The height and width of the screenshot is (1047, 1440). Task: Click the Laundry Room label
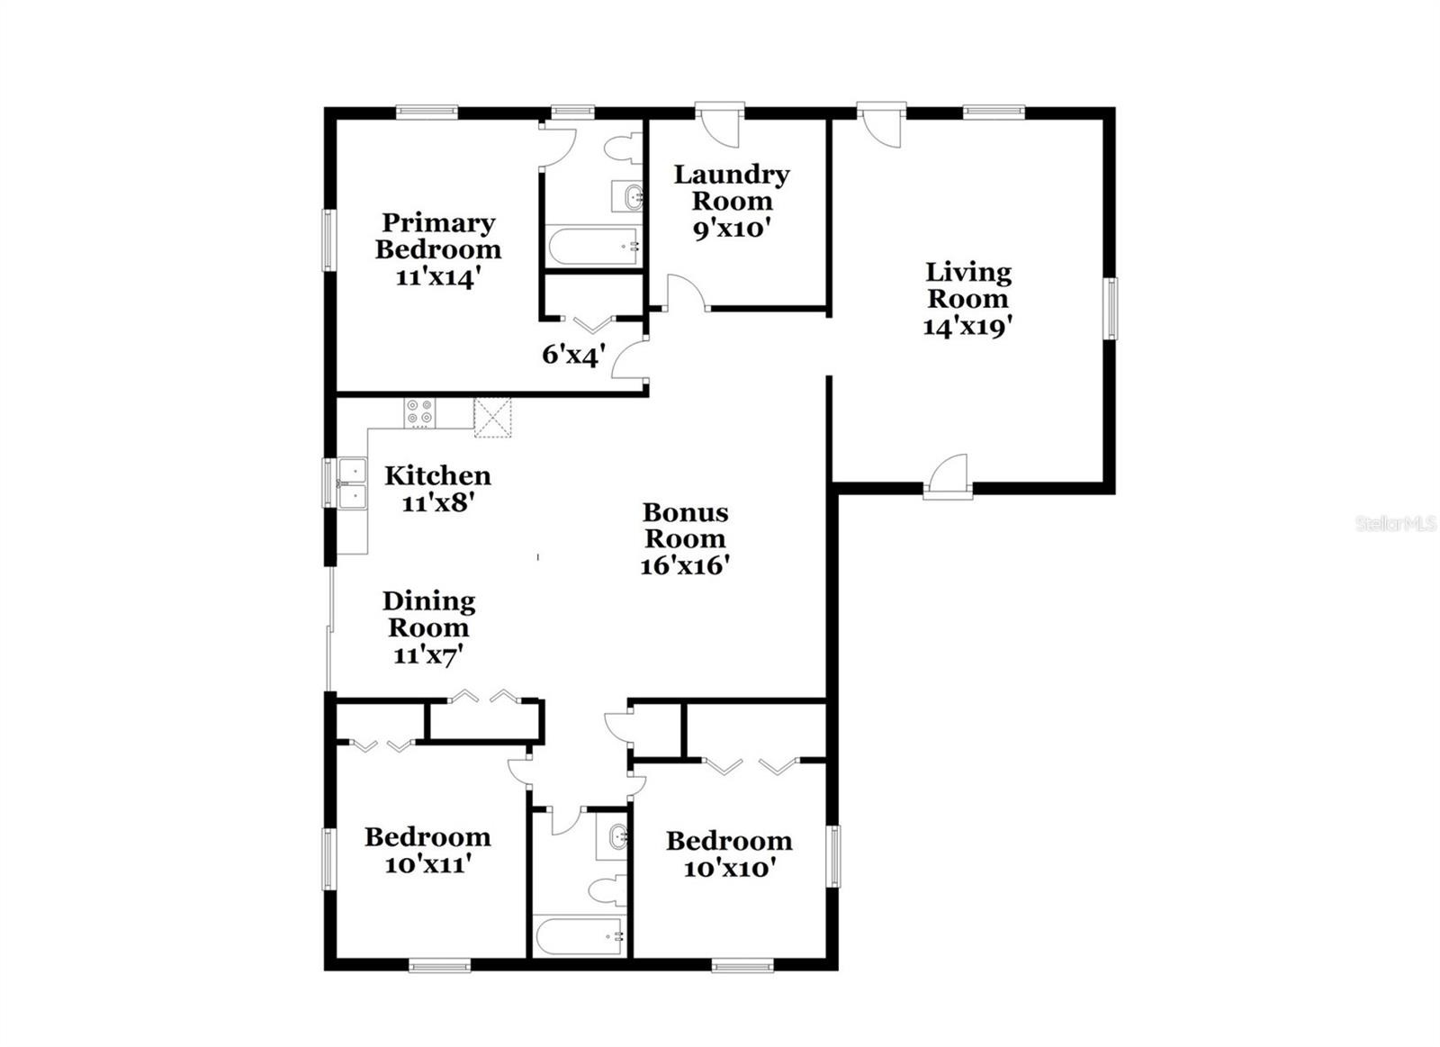pos(732,187)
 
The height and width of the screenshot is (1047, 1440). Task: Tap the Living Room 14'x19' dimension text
pos(968,328)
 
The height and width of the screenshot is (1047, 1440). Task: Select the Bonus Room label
pos(685,525)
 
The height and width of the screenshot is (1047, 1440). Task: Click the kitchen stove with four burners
pos(419,413)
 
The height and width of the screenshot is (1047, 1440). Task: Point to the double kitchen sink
pos(352,483)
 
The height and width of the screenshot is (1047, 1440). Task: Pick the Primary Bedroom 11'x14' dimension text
pos(437,278)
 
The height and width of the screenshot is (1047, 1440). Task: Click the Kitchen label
pos(437,476)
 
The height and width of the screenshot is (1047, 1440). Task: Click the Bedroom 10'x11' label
pos(427,850)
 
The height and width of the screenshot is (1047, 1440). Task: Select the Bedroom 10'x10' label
pos(728,854)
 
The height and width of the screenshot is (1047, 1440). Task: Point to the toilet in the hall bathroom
pos(608,890)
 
